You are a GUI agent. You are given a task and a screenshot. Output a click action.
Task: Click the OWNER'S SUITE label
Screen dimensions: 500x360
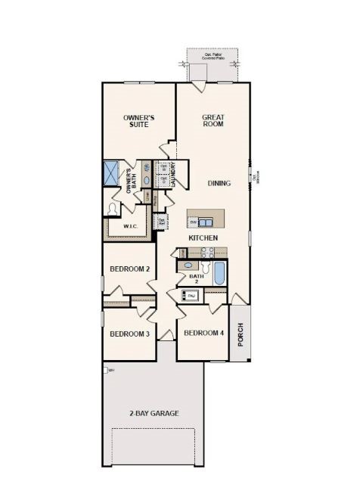139,123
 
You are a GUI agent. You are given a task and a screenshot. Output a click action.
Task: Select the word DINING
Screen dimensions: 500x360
219,183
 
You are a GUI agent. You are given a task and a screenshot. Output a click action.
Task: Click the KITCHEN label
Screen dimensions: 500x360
203,238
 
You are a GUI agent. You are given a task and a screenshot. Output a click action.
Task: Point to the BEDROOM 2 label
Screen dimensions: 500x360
129,269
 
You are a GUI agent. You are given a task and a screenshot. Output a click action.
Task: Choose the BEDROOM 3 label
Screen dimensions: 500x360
129,334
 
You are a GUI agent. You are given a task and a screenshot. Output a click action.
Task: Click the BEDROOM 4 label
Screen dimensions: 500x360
203,333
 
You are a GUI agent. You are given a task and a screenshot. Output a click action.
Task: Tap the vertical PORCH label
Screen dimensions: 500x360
241,334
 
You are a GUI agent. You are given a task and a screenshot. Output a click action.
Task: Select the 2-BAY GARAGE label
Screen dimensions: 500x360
154,413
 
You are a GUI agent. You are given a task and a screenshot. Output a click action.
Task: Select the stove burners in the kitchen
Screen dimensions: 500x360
203,253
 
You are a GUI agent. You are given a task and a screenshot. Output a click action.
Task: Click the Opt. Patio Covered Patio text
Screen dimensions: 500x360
213,56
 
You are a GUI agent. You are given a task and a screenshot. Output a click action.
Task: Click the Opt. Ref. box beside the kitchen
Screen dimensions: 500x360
161,222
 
